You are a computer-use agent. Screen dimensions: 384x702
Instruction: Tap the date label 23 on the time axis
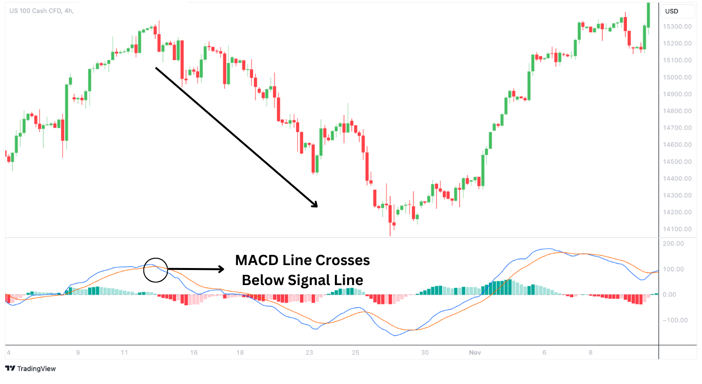pos(309,352)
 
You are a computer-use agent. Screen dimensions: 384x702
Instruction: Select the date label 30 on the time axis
pos(425,352)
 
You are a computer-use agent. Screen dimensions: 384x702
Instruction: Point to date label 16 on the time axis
pos(194,352)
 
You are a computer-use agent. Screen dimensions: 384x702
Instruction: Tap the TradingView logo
pos(31,369)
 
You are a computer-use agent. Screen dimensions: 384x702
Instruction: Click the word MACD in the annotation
pos(256,261)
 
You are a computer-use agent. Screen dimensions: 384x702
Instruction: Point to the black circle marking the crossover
pos(156,269)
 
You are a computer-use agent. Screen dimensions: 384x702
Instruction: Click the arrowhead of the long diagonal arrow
pos(314,204)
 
